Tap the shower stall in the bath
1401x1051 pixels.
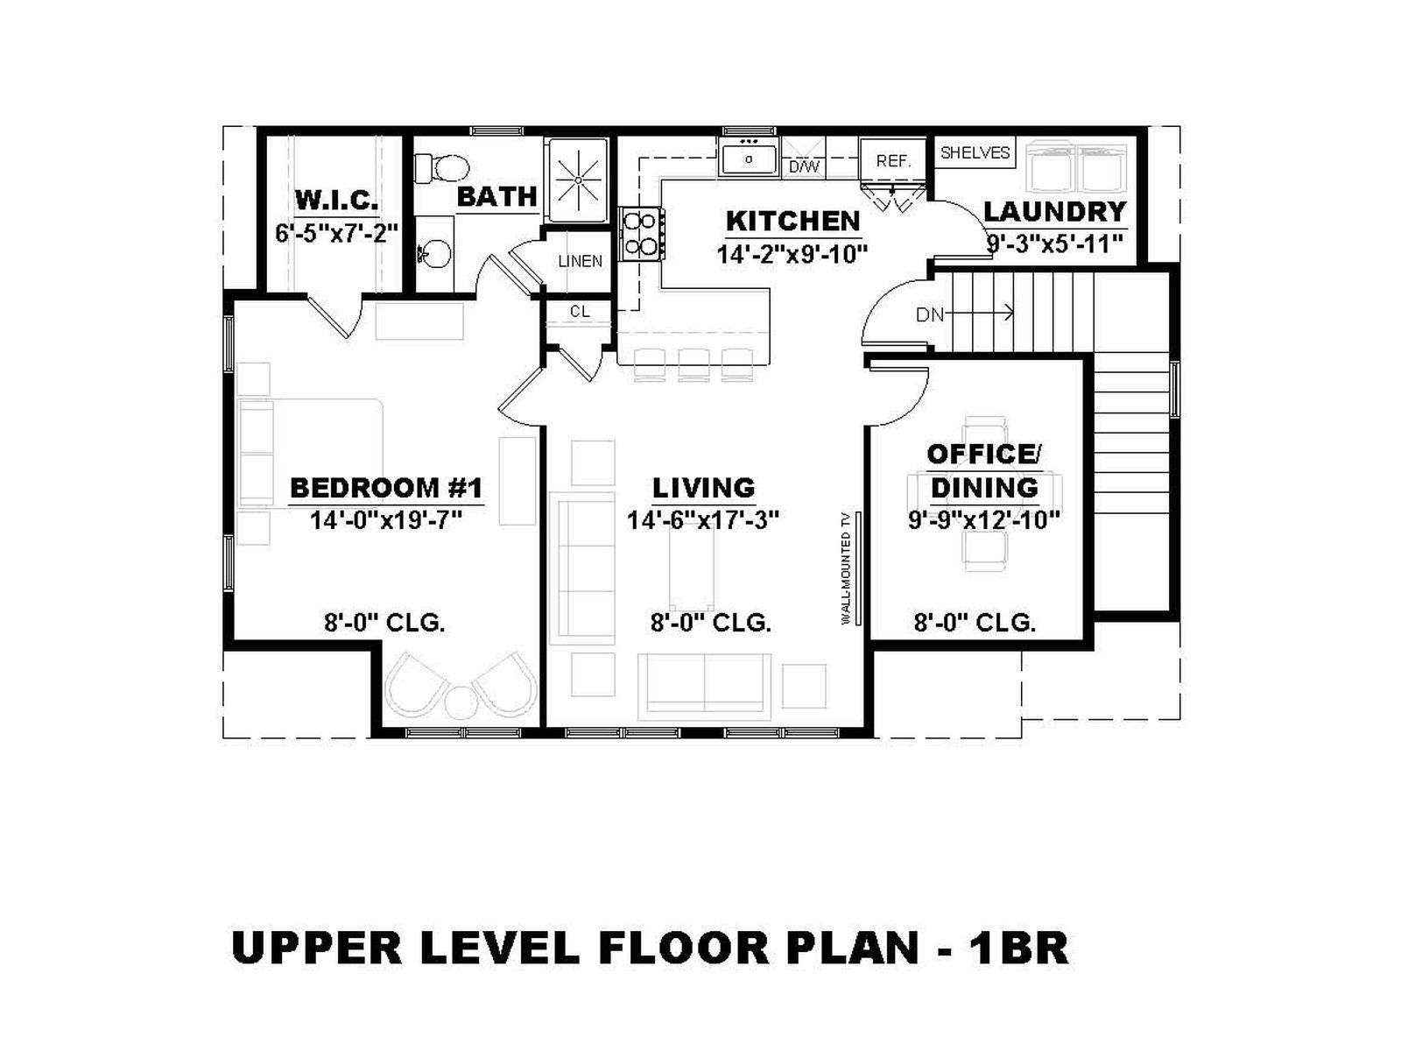pyautogui.click(x=578, y=180)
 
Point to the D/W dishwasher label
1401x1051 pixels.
pyautogui.click(x=804, y=167)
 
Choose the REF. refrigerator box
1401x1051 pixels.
pyautogui.click(x=893, y=160)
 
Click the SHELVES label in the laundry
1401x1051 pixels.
pyautogui.click(x=975, y=152)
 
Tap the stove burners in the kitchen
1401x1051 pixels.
pyautogui.click(x=641, y=234)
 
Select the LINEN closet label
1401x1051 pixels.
pyautogui.click(x=580, y=261)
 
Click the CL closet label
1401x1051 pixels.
pyautogui.click(x=580, y=312)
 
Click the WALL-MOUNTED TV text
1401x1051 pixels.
pyautogui.click(x=846, y=568)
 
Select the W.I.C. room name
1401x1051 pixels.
pyautogui.click(x=336, y=201)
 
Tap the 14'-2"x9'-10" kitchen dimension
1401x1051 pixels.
pyautogui.click(x=792, y=254)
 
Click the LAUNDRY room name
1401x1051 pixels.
pyautogui.click(x=1054, y=211)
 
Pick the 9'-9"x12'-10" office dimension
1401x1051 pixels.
pyautogui.click(x=983, y=520)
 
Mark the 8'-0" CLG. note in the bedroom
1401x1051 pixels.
pyautogui.click(x=385, y=622)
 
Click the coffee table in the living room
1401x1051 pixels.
pyautogui.click(x=691, y=567)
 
